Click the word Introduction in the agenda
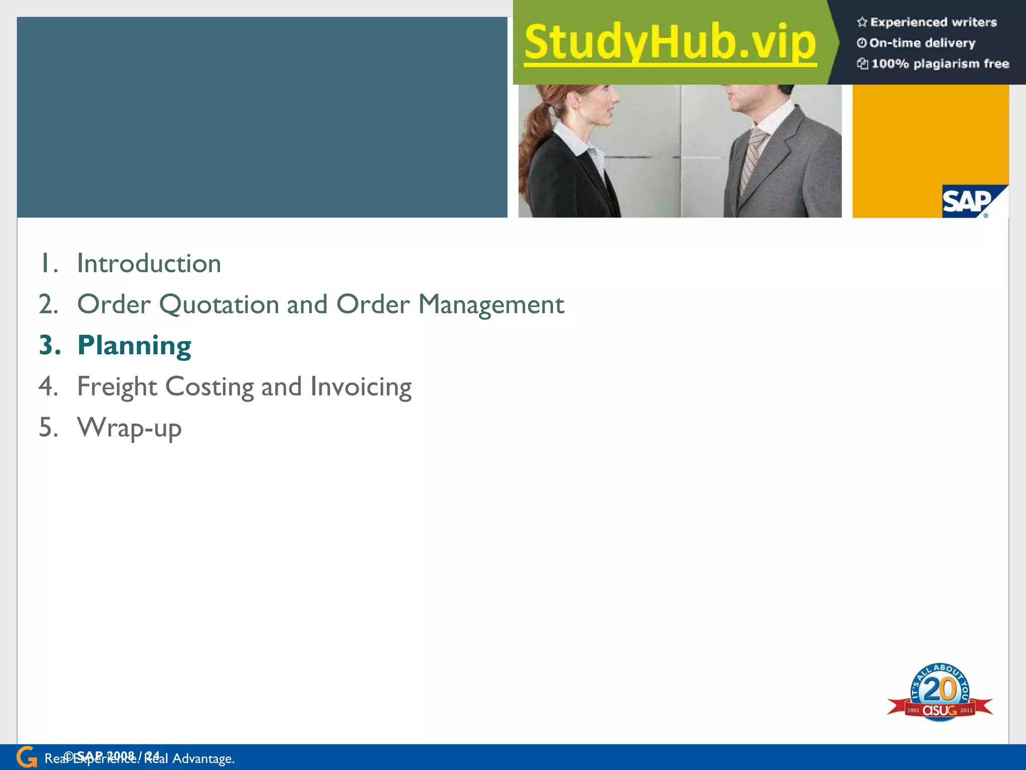(149, 264)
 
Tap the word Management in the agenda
(491, 305)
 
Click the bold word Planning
(134, 346)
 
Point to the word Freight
(117, 387)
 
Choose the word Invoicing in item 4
(361, 387)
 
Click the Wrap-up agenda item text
(129, 428)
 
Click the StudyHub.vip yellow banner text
(670, 43)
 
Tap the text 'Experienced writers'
(933, 22)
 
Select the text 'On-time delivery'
(922, 43)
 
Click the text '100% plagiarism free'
(940, 64)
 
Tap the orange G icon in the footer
(26, 757)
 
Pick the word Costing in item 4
(209, 387)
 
